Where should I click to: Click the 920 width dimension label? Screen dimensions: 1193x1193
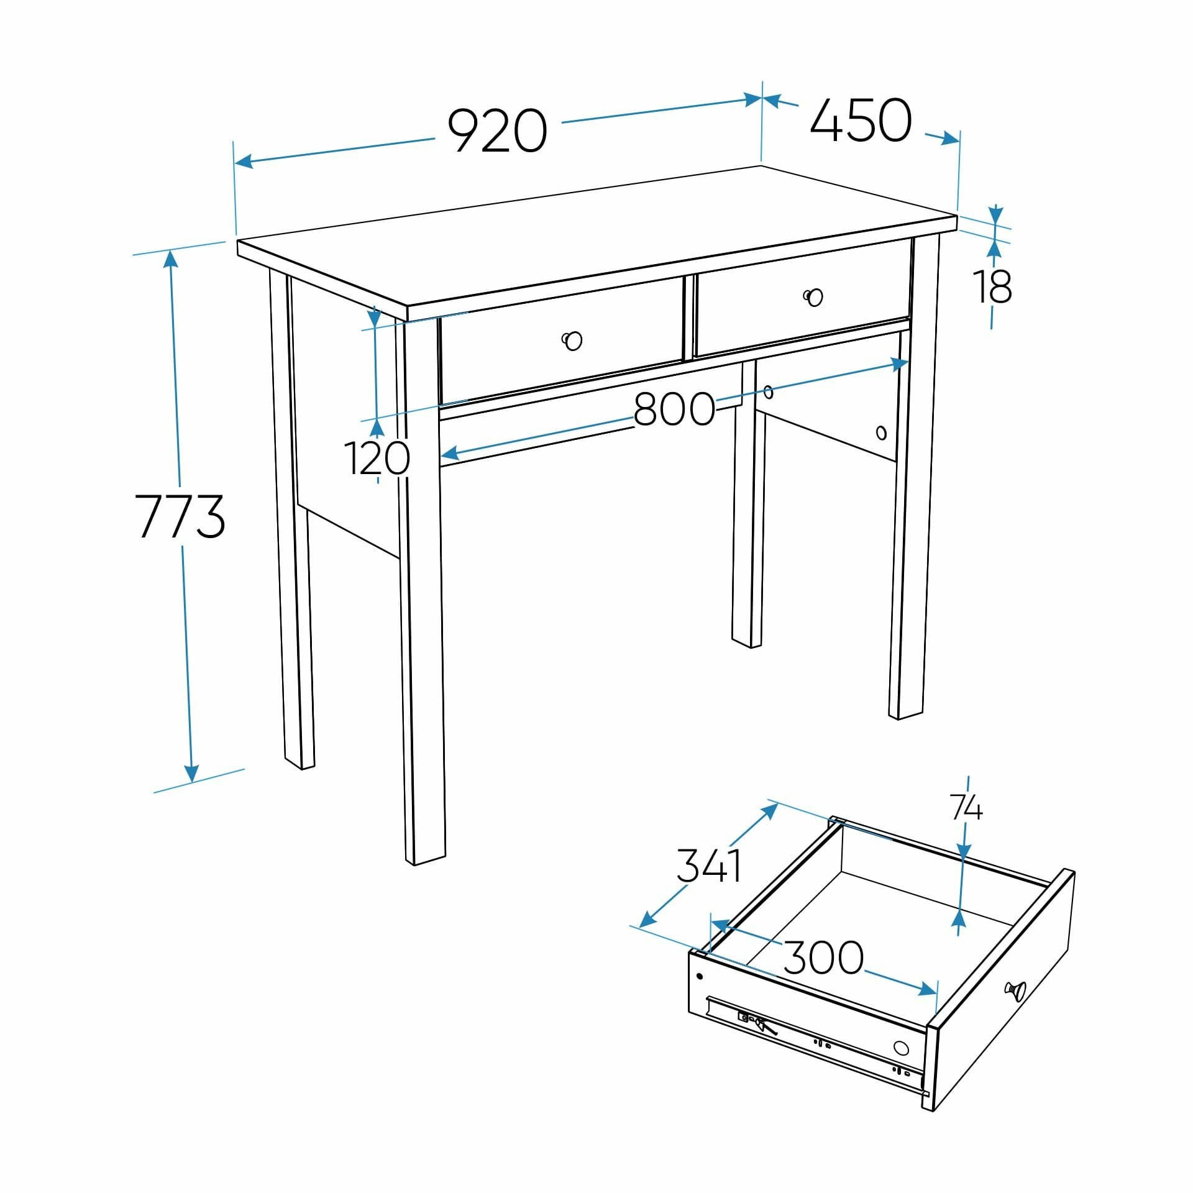click(x=497, y=130)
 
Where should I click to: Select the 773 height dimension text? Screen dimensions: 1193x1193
click(x=180, y=516)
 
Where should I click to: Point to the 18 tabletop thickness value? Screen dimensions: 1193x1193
click(x=992, y=286)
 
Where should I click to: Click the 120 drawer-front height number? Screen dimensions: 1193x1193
click(x=377, y=458)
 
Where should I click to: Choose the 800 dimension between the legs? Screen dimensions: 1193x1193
click(x=674, y=409)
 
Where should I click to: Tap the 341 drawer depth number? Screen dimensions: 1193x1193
click(x=709, y=866)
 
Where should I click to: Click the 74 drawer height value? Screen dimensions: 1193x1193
click(x=966, y=808)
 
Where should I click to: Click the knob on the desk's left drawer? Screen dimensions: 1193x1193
click(x=572, y=341)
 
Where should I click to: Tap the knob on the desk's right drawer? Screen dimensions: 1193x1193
click(x=813, y=298)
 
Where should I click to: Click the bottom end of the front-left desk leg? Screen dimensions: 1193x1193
click(x=426, y=860)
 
